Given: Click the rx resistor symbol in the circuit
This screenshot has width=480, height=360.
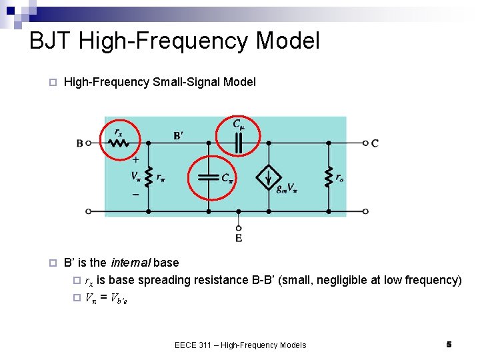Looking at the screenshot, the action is [x=119, y=143].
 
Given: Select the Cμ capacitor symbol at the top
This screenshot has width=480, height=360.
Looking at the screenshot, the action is [x=238, y=142].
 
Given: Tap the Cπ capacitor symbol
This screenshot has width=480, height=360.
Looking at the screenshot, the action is [x=209, y=177].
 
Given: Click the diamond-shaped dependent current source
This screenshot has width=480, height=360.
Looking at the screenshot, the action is [x=268, y=177].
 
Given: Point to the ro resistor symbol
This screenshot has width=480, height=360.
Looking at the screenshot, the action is [x=328, y=177].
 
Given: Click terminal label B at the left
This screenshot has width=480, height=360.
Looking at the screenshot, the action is [x=80, y=143].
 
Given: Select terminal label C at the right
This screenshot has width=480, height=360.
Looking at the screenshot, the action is [x=375, y=143].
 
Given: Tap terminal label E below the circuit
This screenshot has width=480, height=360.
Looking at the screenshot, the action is [x=238, y=238].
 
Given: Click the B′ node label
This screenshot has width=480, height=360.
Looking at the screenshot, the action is [x=178, y=135].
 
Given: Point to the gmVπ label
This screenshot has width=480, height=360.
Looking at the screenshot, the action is [x=287, y=189].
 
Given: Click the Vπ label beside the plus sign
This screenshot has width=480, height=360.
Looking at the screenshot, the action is [x=135, y=177].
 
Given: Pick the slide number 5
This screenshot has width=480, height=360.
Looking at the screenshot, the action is [x=449, y=344].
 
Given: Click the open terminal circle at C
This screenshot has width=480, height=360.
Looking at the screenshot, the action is [x=365, y=143].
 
